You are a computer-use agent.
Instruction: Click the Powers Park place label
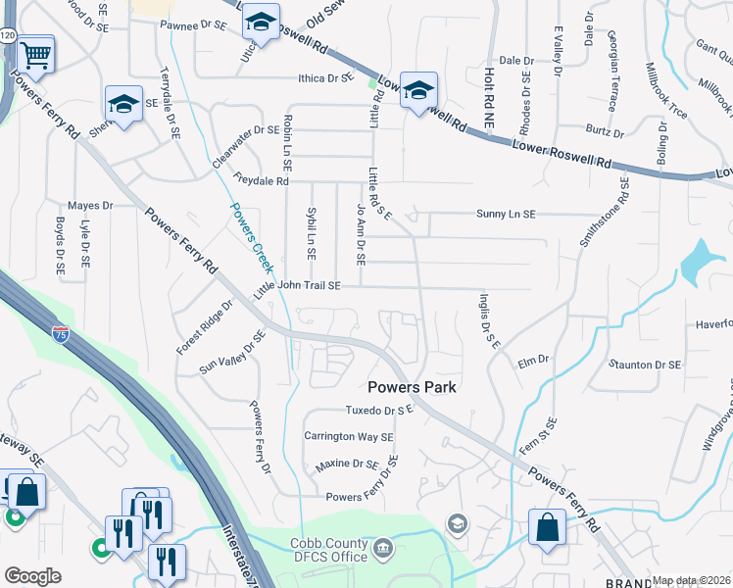pyautogui.click(x=413, y=387)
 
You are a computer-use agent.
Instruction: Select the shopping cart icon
pyautogui.click(x=35, y=57)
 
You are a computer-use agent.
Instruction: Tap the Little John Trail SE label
pyautogui.click(x=297, y=286)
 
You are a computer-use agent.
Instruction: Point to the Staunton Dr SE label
pyautogui.click(x=644, y=365)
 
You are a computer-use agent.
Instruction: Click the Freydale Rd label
pyautogui.click(x=262, y=180)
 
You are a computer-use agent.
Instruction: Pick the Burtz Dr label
pyautogui.click(x=606, y=130)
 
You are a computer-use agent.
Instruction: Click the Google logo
pyautogui.click(x=33, y=575)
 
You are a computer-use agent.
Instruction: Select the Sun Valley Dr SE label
pyautogui.click(x=233, y=353)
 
